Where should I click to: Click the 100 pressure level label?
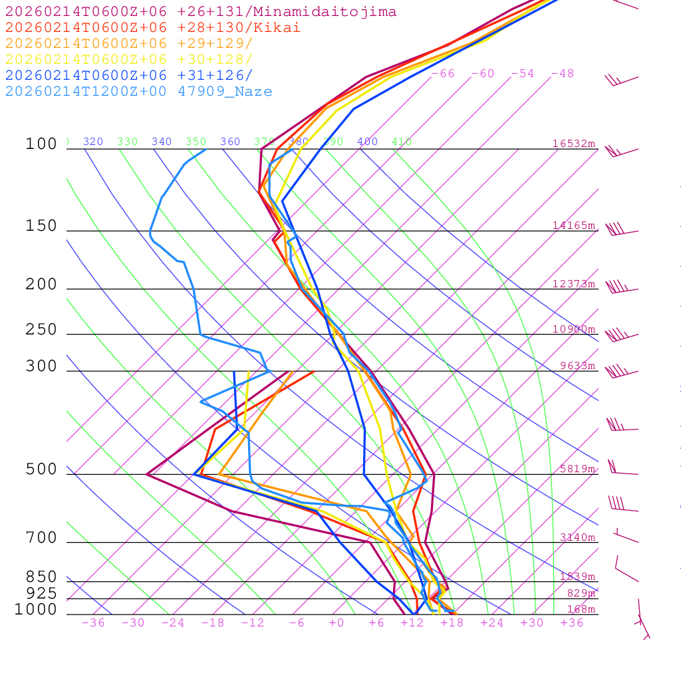tap(41, 144)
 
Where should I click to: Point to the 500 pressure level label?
tap(41, 470)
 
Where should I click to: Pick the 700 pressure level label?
tap(41, 538)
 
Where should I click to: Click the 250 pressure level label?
tap(41, 330)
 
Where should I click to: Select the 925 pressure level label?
tap(41, 593)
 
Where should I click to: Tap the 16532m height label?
tap(573, 144)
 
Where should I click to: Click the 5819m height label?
tap(577, 468)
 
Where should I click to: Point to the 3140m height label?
tap(577, 537)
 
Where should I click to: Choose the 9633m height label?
tap(577, 365)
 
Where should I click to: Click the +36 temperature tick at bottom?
tap(571, 622)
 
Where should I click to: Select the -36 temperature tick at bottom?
tap(92, 622)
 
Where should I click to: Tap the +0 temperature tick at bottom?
tap(336, 622)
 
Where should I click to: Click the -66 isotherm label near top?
tap(442, 73)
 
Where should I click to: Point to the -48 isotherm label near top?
tap(562, 73)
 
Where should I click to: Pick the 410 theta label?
tap(401, 142)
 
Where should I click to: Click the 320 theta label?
tap(92, 142)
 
